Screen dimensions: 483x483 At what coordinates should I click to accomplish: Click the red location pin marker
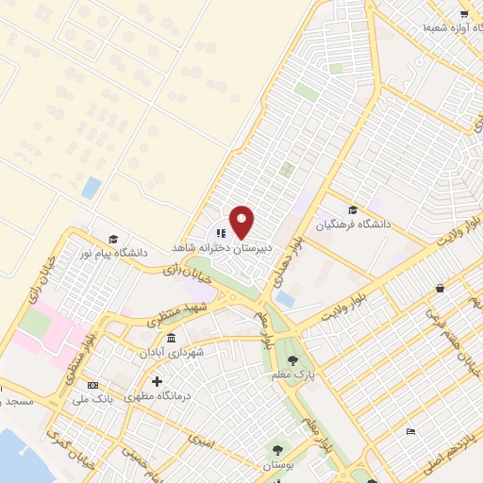pyautogui.click(x=241, y=221)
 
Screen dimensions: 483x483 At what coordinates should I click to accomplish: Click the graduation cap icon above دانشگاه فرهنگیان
pyautogui.click(x=353, y=210)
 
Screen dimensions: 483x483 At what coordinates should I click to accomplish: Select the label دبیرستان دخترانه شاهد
pyautogui.click(x=220, y=246)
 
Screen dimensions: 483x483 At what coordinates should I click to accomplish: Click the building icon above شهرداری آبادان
pyautogui.click(x=171, y=338)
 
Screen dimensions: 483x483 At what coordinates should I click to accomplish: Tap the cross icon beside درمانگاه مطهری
pyautogui.click(x=157, y=381)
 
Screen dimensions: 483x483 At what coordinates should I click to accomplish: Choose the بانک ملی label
pyautogui.click(x=92, y=398)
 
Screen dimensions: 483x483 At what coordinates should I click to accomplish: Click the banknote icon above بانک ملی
pyautogui.click(x=92, y=385)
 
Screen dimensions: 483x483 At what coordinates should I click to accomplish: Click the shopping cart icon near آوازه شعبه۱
pyautogui.click(x=463, y=14)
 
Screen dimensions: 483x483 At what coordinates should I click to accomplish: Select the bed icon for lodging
pyautogui.click(x=409, y=431)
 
